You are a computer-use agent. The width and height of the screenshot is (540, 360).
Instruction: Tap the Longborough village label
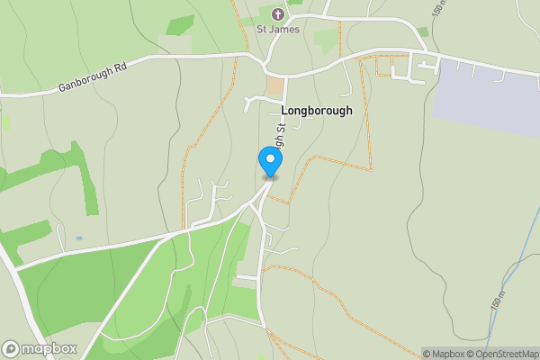point(317,111)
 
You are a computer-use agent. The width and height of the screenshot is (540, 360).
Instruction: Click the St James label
point(276,29)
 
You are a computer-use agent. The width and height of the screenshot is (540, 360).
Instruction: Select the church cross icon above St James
point(277,14)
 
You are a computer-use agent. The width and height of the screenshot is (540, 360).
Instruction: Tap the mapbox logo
point(40,348)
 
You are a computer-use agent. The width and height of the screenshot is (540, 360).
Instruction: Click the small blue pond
point(79,238)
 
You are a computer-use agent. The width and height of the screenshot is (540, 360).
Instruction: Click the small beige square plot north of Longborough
point(274,87)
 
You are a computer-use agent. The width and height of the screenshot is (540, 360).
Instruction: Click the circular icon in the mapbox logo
point(12,348)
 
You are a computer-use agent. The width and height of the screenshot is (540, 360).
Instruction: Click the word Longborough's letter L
point(285,111)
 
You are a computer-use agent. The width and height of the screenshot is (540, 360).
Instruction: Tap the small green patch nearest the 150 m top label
point(423,31)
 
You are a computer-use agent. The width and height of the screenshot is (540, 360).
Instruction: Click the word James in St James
point(283,29)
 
